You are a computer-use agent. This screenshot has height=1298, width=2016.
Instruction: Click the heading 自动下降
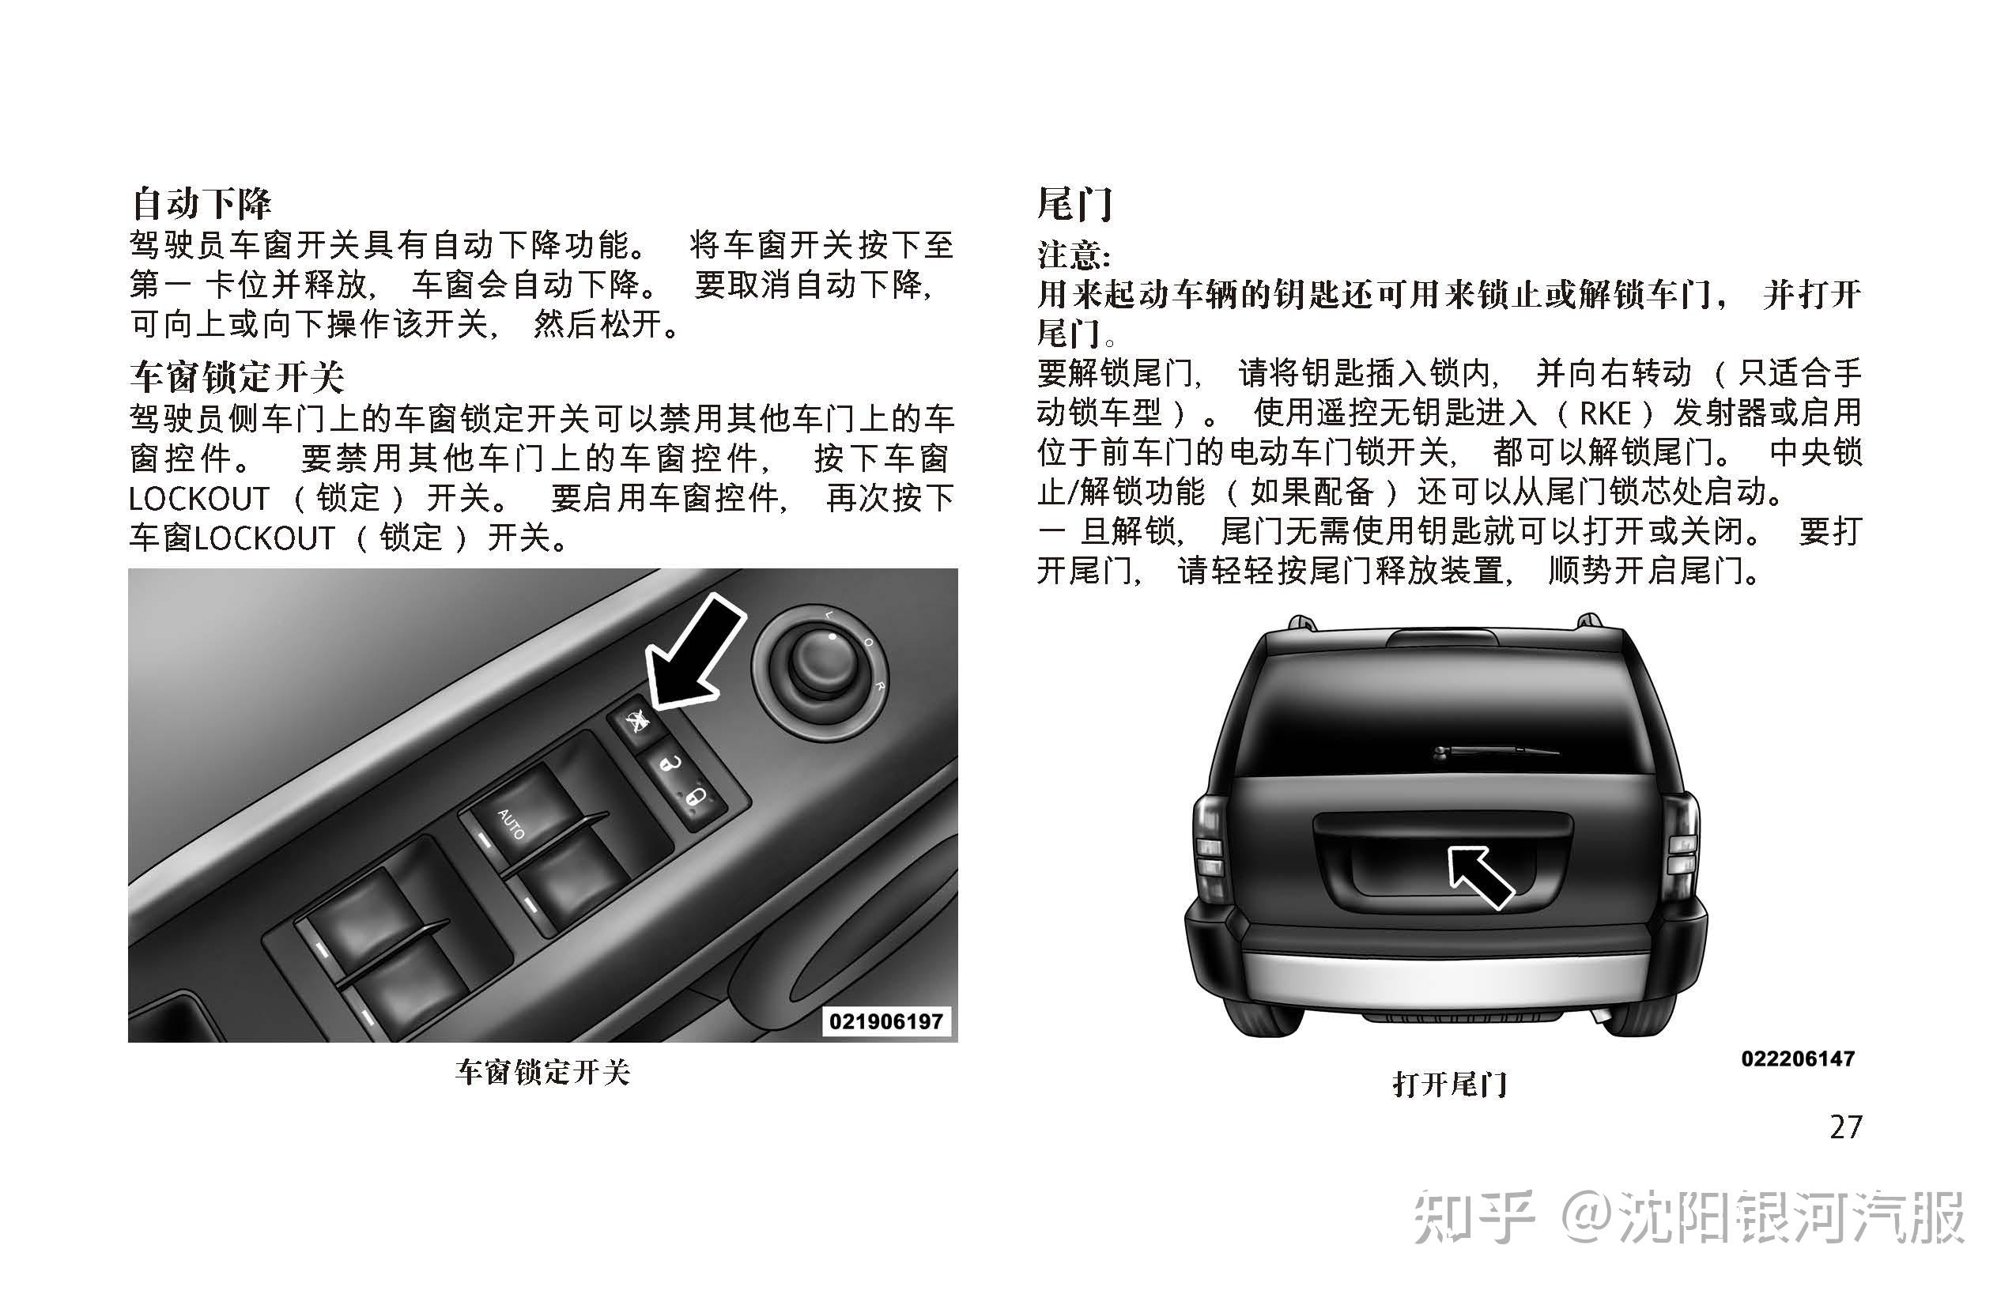(x=201, y=203)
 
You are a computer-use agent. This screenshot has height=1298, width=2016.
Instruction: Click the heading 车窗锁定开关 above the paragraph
(x=237, y=377)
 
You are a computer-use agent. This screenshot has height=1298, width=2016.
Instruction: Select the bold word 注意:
(x=1073, y=254)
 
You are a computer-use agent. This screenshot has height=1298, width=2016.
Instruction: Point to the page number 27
(x=1845, y=1127)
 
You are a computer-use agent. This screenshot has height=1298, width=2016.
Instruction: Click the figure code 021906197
(x=885, y=1021)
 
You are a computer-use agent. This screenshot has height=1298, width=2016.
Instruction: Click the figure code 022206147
(x=1798, y=1058)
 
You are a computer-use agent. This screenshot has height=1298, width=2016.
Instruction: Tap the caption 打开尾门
(x=1450, y=1084)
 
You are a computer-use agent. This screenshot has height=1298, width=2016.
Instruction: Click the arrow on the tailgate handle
(x=1480, y=877)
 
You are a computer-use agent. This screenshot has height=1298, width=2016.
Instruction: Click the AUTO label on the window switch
(x=511, y=824)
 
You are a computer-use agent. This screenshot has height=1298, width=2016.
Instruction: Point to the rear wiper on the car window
(x=1493, y=750)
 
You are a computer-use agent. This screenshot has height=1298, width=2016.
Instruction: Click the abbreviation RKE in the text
(x=1605, y=413)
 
